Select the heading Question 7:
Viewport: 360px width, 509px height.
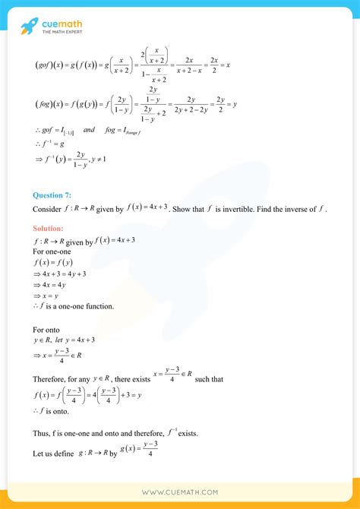coord(52,194)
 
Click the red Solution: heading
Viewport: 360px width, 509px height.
coord(49,228)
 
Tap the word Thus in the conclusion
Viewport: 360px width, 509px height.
coord(41,434)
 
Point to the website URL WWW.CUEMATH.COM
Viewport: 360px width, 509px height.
coord(180,492)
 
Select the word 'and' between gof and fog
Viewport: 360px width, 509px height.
coord(90,131)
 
